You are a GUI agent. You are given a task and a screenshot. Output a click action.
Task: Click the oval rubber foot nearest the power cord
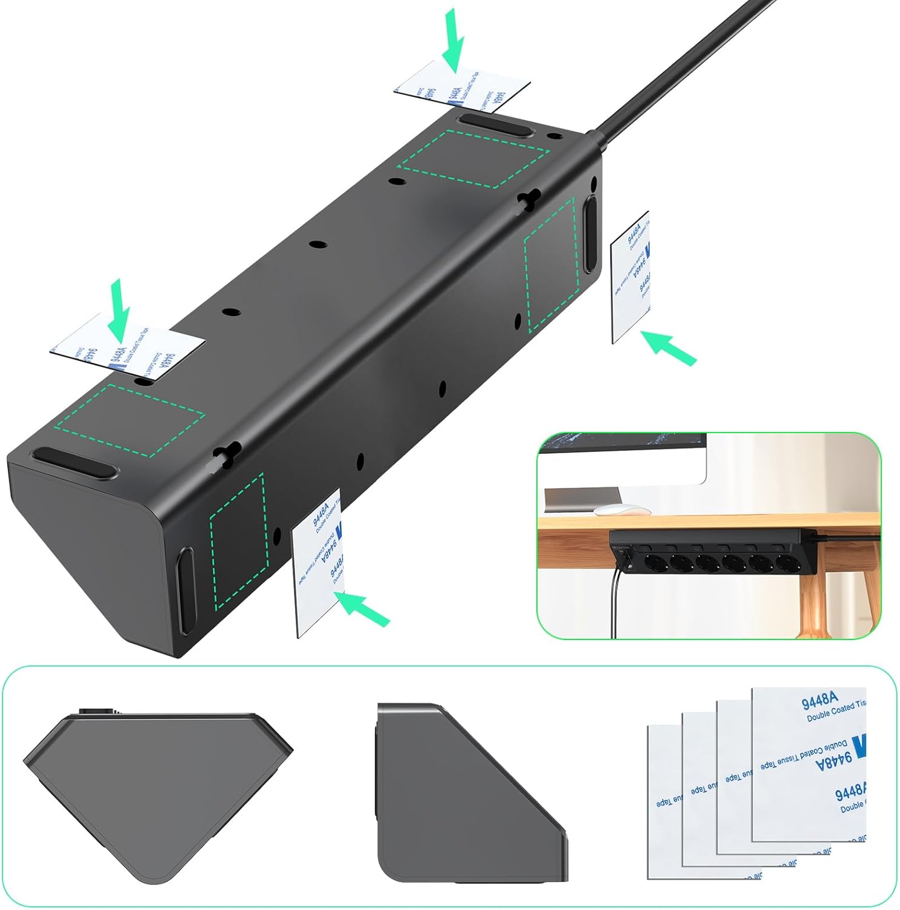tap(495, 126)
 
